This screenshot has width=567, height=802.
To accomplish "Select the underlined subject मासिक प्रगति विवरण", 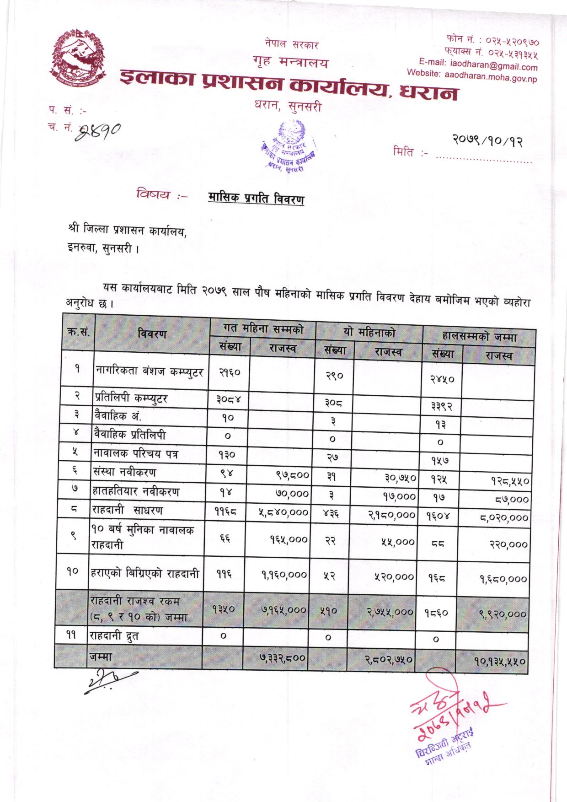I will click(256, 199).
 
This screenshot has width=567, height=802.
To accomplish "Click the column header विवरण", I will click(152, 334).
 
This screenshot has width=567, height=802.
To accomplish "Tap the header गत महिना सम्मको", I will click(263, 328).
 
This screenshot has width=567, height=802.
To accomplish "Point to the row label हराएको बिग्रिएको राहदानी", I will click(145, 573).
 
